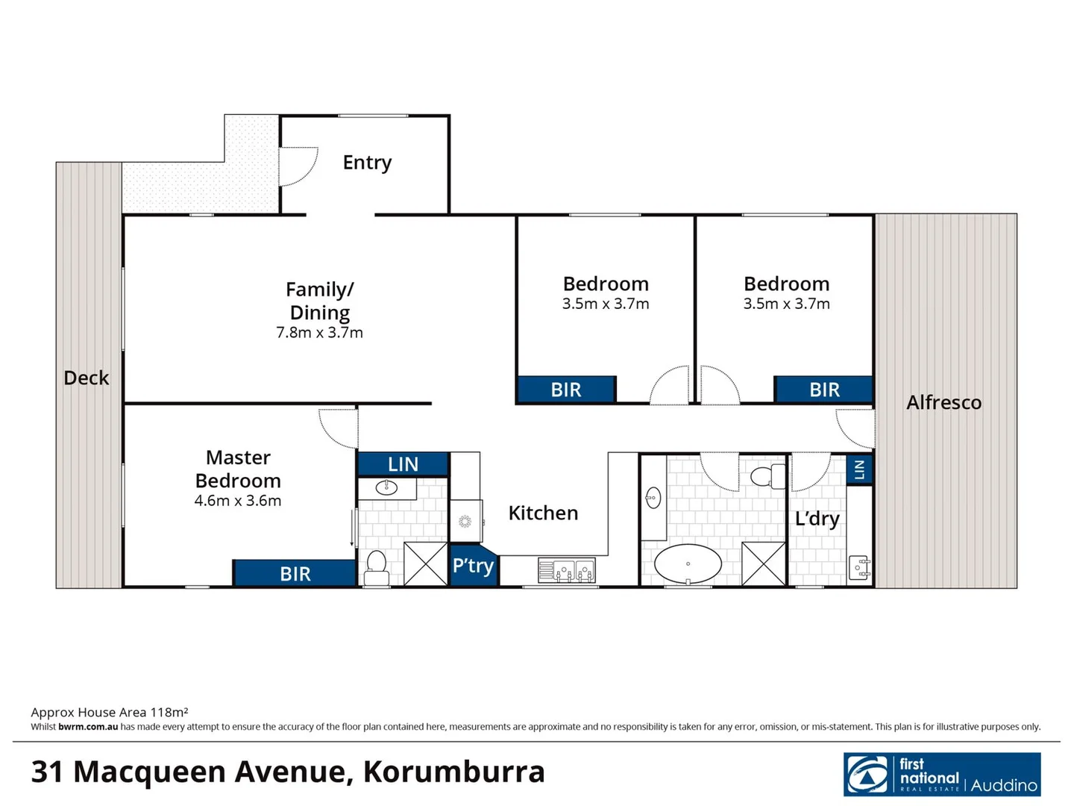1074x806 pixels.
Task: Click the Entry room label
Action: click(x=367, y=163)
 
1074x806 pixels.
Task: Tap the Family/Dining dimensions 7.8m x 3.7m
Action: click(x=319, y=333)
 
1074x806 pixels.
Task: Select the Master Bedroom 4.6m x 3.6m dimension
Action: click(x=238, y=501)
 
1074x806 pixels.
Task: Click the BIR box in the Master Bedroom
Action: click(x=295, y=573)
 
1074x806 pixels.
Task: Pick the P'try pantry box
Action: click(x=473, y=566)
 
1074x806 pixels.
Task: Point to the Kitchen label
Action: click(x=543, y=513)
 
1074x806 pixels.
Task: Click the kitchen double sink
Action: click(x=566, y=571)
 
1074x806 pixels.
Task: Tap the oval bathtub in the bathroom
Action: click(x=688, y=564)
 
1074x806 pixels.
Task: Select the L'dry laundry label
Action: click(x=817, y=519)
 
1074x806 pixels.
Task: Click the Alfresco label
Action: click(x=943, y=402)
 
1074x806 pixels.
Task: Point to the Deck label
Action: click(x=87, y=378)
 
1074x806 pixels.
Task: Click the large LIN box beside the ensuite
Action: click(x=403, y=464)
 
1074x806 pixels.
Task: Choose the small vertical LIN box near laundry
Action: click(x=859, y=469)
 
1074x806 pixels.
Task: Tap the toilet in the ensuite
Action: click(x=376, y=568)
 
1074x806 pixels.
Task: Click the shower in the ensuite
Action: click(x=425, y=563)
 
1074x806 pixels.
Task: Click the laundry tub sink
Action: click(x=859, y=568)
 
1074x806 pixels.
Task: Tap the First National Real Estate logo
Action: click(x=941, y=775)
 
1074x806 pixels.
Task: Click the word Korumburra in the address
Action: click(x=453, y=772)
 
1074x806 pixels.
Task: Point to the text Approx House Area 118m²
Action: click(x=110, y=712)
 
